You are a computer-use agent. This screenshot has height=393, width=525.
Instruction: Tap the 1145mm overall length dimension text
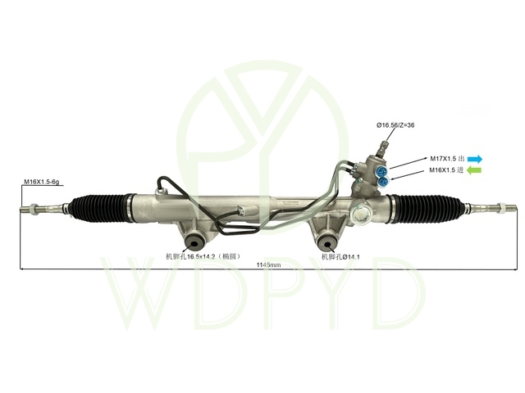click(x=268, y=265)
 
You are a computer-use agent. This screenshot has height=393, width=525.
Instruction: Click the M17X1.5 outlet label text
click(x=446, y=158)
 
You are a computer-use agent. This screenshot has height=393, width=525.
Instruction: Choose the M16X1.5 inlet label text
click(x=446, y=170)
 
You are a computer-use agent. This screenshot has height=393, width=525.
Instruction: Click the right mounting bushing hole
click(x=325, y=241)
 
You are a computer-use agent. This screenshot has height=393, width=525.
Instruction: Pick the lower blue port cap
click(x=384, y=184)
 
